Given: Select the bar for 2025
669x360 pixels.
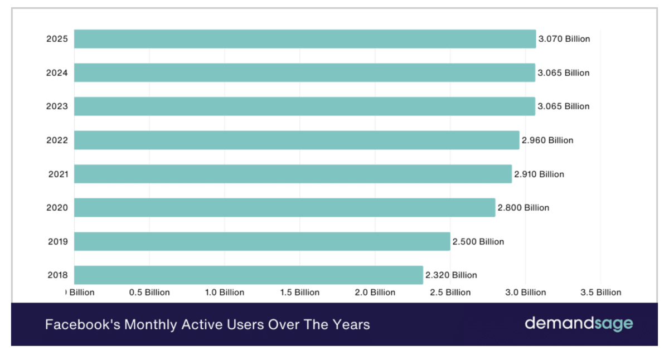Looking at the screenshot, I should tap(305, 39).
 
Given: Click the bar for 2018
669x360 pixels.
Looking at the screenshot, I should tap(249, 275).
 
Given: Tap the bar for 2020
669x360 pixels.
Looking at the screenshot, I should tap(284, 207).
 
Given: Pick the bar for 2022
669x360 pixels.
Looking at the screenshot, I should tap(297, 140).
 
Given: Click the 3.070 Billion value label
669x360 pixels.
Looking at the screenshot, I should tap(564, 39).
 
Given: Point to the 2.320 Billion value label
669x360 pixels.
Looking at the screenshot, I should tap(451, 275).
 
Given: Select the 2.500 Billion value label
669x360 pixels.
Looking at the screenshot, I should tap(478, 241).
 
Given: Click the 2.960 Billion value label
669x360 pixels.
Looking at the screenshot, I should tap(547, 140).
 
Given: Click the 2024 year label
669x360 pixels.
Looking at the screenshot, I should tap(57, 72).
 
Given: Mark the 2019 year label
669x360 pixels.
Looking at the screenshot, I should tap(57, 241).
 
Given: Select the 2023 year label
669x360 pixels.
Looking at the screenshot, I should tap(57, 106).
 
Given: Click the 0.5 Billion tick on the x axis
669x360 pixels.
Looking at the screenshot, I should tap(149, 292).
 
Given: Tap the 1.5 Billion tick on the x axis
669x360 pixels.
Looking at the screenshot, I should tap(299, 292).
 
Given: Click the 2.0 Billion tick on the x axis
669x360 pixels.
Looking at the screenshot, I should tap(375, 292).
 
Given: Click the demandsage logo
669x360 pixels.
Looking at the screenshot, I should tap(579, 324).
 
